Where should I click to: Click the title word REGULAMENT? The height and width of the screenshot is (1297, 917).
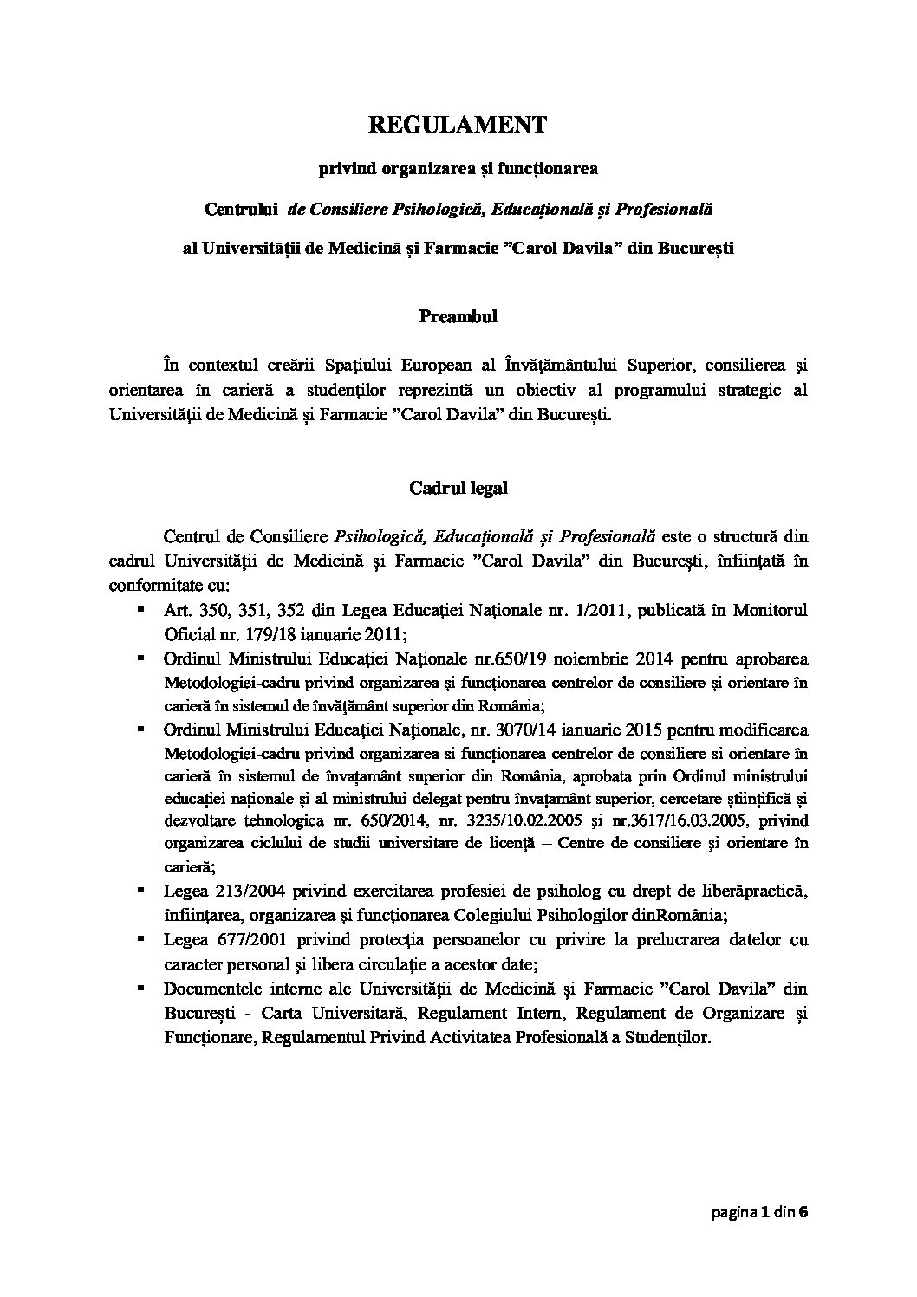tap(458, 126)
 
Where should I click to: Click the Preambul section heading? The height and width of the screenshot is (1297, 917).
tap(458, 316)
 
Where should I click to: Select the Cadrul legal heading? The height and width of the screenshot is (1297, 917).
tap(458, 488)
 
